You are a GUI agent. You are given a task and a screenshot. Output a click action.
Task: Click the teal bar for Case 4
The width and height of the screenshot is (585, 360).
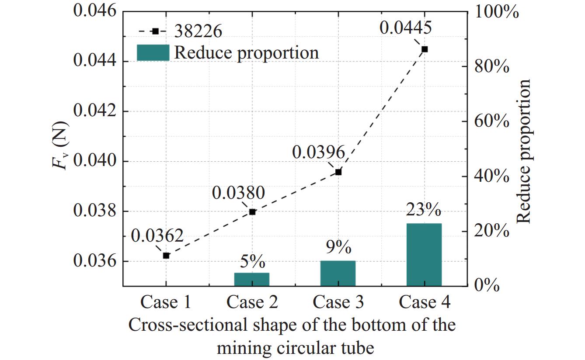(x=424, y=254)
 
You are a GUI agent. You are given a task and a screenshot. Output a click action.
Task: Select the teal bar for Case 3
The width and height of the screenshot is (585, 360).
(x=338, y=273)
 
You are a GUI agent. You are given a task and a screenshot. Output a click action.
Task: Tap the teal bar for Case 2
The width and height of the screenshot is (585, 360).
(x=252, y=279)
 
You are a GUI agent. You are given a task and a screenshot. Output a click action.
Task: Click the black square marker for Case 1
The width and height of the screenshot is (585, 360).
(x=166, y=256)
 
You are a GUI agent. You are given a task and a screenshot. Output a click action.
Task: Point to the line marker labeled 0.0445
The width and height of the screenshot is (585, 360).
(x=424, y=49)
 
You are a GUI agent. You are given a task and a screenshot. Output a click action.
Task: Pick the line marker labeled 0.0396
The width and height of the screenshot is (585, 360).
(x=338, y=172)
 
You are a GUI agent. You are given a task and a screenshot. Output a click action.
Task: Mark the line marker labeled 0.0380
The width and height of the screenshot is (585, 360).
(x=252, y=212)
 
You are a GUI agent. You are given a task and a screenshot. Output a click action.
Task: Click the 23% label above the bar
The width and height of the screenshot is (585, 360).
(x=424, y=210)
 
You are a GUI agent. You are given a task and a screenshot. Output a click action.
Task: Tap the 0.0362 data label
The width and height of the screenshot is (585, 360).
(x=157, y=236)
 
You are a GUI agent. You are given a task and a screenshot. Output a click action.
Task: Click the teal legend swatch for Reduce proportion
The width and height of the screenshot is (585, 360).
(x=153, y=52)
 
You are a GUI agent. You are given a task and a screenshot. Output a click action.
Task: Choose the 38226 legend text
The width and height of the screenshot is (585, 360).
(x=198, y=31)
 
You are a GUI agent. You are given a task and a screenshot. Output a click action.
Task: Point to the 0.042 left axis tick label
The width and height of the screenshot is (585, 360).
(x=95, y=111)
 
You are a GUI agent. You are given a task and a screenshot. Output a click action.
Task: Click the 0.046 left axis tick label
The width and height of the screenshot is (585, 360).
(x=95, y=11)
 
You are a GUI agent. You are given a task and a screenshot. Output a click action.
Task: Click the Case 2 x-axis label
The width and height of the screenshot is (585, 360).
(x=252, y=302)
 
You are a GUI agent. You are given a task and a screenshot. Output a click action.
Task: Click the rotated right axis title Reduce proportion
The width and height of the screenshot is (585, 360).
(x=524, y=151)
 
